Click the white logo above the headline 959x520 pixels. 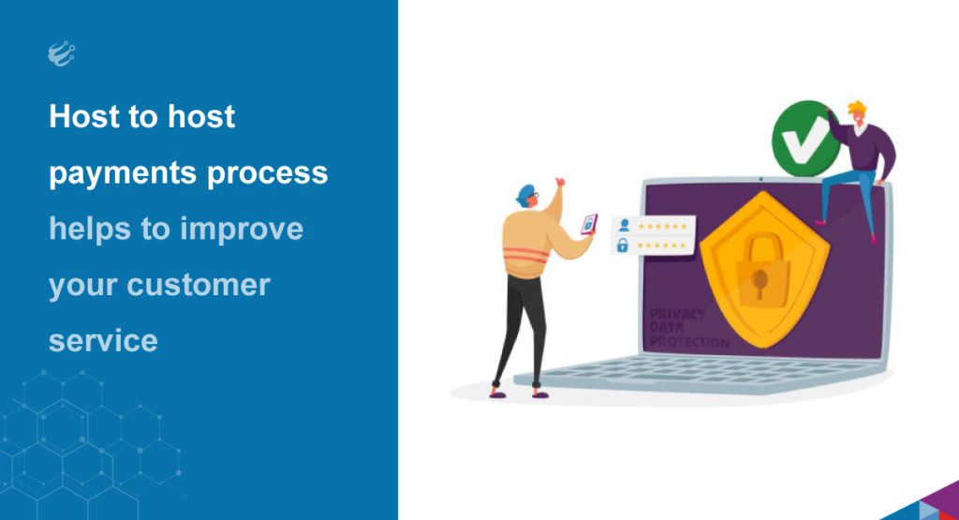[61, 55]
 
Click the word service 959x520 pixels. [103, 340]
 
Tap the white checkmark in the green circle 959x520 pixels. [801, 143]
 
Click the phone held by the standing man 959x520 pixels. [588, 223]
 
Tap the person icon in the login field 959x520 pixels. [622, 225]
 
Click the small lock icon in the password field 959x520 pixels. [622, 245]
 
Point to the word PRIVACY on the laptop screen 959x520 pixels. [676, 315]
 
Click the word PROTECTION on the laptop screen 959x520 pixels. [689, 343]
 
